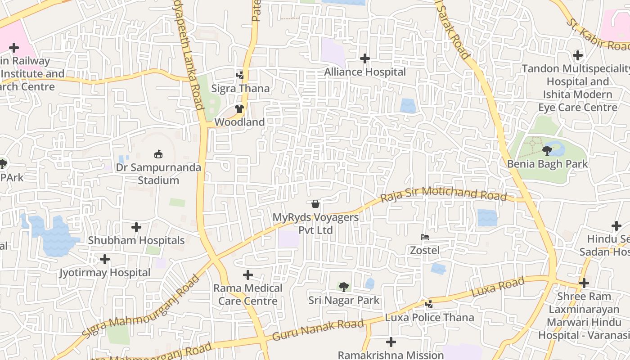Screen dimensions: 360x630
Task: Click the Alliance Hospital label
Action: click(365, 72)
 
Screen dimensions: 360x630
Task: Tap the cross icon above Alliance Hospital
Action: click(365, 58)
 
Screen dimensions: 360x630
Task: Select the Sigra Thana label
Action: click(241, 89)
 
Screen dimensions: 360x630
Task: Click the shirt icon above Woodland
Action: click(239, 109)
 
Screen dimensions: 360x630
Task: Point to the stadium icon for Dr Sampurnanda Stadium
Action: click(158, 154)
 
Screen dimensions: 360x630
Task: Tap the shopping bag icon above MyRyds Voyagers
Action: click(315, 204)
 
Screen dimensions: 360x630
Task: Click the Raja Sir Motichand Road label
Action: click(443, 195)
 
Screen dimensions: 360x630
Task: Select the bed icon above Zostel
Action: click(424, 237)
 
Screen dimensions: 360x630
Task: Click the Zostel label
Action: click(424, 250)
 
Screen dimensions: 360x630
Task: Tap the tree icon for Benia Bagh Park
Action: click(547, 150)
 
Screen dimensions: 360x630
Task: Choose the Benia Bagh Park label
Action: click(547, 164)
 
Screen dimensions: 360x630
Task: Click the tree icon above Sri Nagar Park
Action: click(344, 287)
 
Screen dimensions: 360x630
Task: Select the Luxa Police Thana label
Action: click(429, 318)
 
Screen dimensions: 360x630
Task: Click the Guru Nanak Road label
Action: click(318, 330)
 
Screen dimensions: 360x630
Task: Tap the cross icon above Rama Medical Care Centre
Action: click(247, 275)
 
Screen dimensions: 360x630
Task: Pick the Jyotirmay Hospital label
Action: click(105, 273)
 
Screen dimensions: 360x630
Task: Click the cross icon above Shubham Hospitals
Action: click(136, 227)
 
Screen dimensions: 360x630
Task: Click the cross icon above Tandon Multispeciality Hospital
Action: click(578, 56)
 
